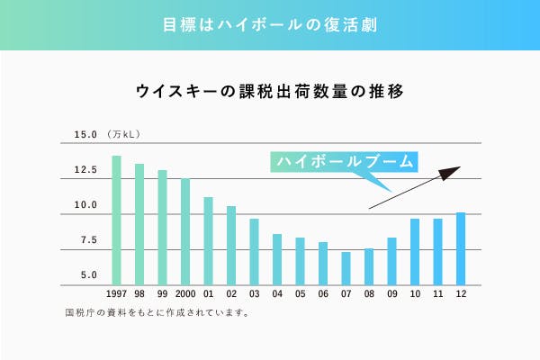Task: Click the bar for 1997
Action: click(x=116, y=220)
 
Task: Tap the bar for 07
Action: click(x=346, y=268)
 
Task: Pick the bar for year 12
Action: click(x=461, y=248)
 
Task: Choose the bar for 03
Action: click(x=254, y=252)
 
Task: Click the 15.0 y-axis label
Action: click(x=85, y=135)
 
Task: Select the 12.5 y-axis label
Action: click(x=85, y=170)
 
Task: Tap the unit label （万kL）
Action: click(x=122, y=135)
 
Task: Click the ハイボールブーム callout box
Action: click(x=345, y=162)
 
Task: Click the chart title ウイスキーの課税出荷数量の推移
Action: click(x=269, y=91)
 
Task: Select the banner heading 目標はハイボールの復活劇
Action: click(x=270, y=24)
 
